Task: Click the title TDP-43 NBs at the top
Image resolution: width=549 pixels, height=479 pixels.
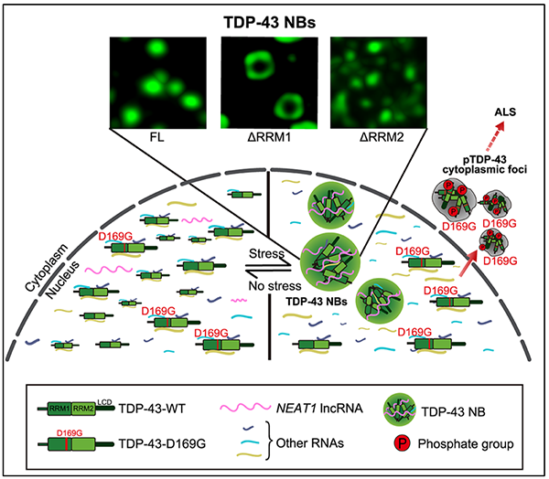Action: point(274,16)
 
